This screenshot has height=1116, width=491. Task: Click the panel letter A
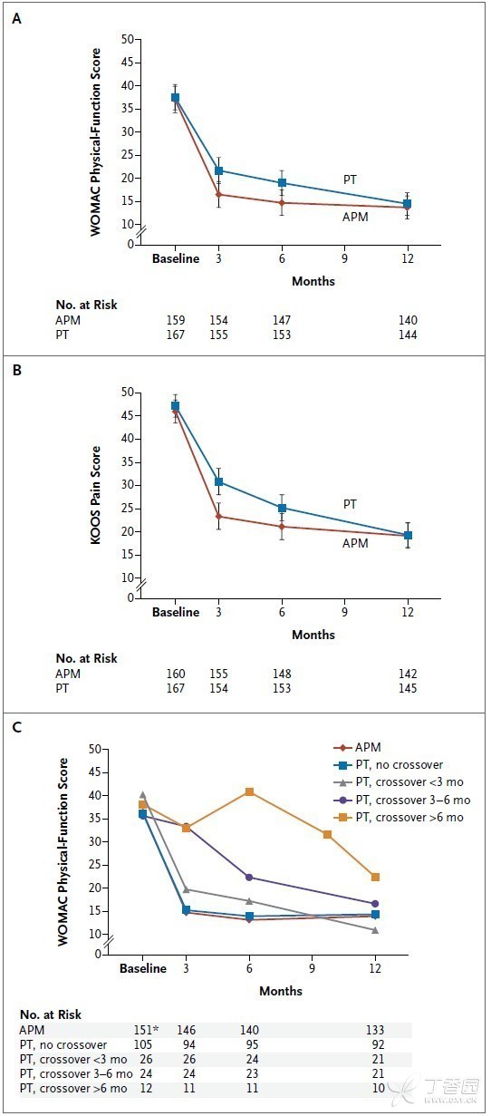[x=16, y=19]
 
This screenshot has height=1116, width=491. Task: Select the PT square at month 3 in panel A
[x=218, y=170]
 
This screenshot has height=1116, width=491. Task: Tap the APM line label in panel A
[x=355, y=217]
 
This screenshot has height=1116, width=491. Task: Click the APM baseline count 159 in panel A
[x=175, y=320]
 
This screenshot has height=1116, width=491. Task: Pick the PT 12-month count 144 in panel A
[x=408, y=335]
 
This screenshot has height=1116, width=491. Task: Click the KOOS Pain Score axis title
[x=96, y=495]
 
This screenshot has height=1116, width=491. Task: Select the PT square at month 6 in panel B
[x=282, y=509]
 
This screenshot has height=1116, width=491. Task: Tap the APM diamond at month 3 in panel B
[x=218, y=516]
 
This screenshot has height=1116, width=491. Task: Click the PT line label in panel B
[x=350, y=504]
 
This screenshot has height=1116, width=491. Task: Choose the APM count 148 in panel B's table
[x=282, y=674]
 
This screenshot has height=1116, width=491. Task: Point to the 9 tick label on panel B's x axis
[x=344, y=612]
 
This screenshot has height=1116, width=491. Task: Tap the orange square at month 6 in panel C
[x=249, y=792]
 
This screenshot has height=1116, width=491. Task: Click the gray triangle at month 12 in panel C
[x=375, y=929]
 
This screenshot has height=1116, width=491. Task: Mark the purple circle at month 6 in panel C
[x=249, y=878]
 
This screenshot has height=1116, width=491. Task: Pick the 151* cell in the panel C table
[x=146, y=1030]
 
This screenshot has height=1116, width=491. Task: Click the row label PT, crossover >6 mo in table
[x=73, y=1089]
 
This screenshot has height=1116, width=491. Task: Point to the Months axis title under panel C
[x=281, y=991]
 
